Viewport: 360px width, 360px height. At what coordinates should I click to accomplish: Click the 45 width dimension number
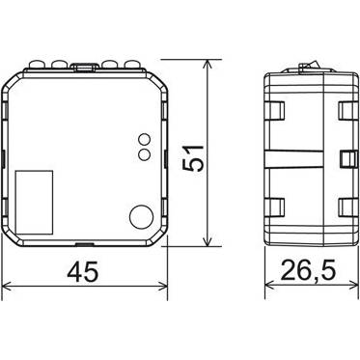point(82,271)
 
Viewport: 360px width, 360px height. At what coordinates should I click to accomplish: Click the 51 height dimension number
point(193,158)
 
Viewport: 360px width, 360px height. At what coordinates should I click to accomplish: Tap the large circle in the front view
point(142,216)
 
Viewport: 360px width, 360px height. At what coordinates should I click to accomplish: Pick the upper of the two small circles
point(145,140)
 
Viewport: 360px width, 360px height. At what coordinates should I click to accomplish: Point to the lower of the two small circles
point(145,154)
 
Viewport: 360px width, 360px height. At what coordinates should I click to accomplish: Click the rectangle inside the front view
point(34,202)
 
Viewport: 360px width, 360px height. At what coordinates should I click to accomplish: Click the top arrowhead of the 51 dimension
point(208,65)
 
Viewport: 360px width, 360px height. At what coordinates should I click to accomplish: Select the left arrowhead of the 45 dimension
point(8,285)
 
